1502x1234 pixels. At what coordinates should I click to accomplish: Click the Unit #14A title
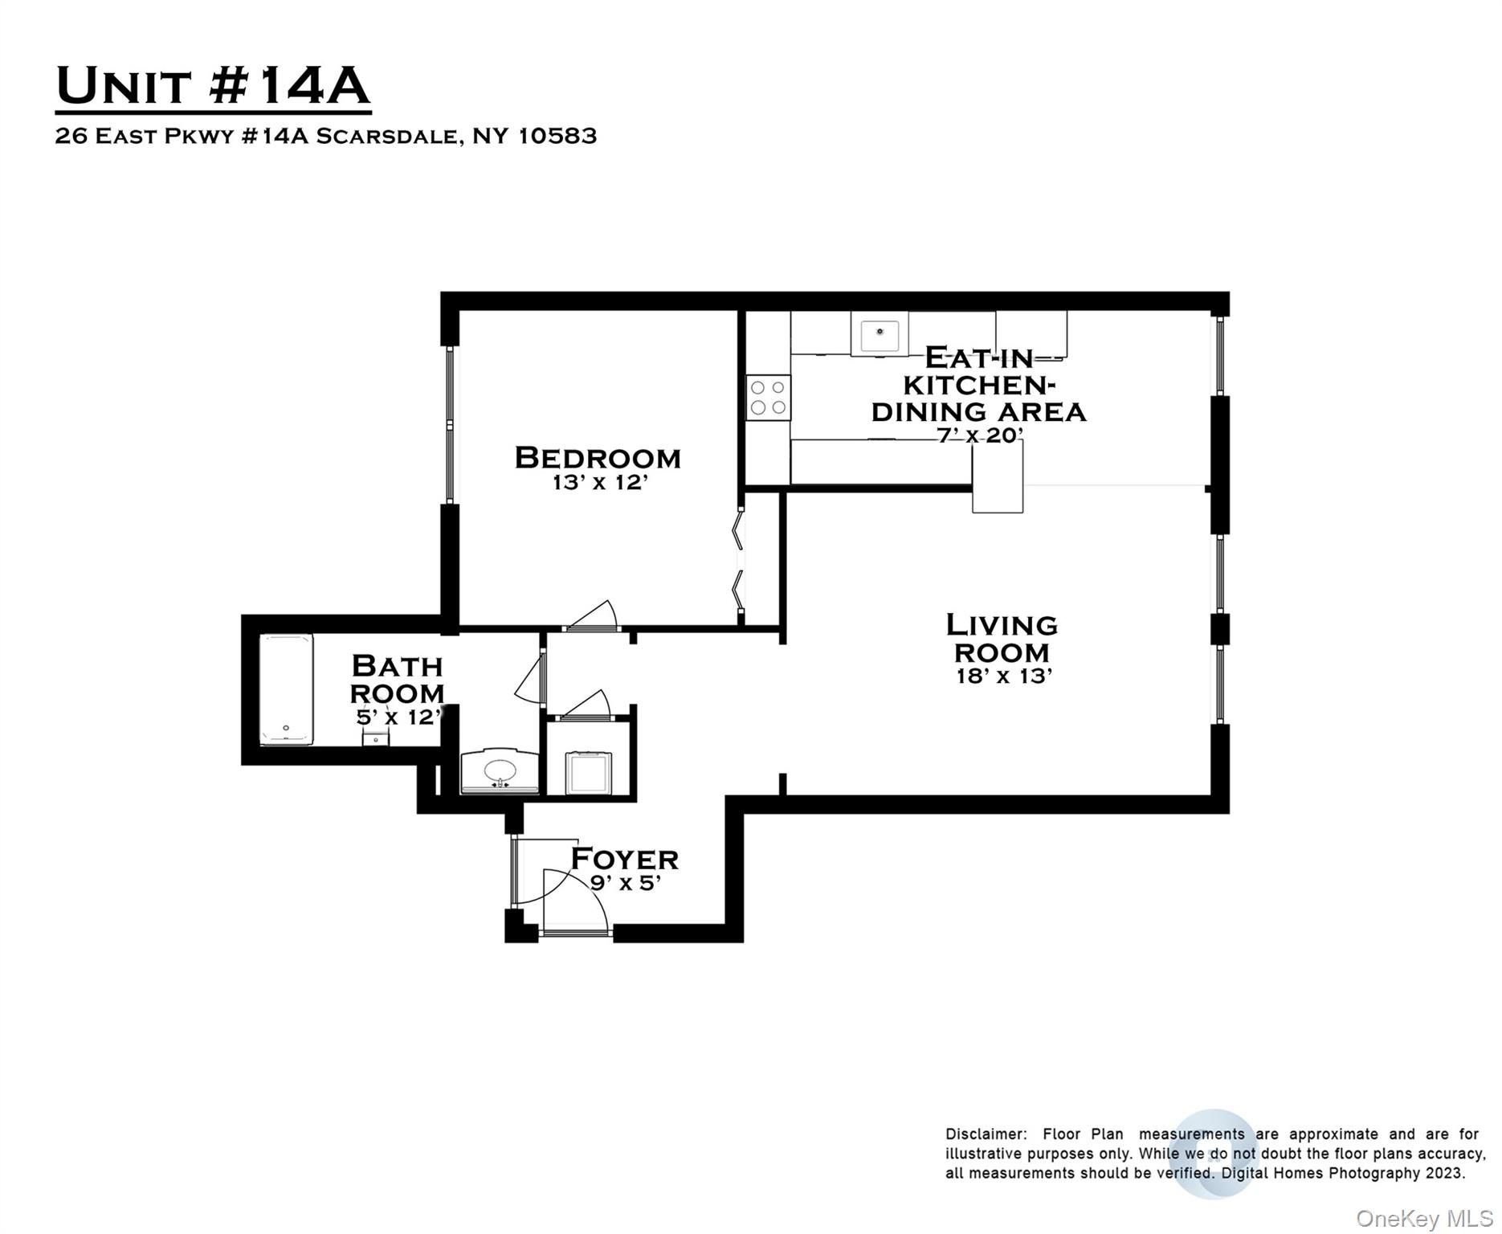click(213, 86)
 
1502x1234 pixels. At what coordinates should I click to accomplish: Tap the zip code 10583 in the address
click(557, 136)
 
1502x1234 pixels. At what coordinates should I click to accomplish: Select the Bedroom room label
click(598, 458)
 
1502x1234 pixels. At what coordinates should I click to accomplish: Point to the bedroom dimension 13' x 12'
click(599, 483)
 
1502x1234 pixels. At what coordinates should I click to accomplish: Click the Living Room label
click(1002, 638)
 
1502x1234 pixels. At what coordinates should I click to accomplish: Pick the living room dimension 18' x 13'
click(1003, 676)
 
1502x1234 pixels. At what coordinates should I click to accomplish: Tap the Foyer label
click(624, 859)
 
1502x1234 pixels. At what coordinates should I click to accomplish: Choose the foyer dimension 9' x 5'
click(625, 883)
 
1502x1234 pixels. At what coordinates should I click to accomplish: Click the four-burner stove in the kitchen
click(768, 398)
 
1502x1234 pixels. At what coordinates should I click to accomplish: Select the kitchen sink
click(880, 334)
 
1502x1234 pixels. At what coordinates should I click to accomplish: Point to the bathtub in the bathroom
click(286, 689)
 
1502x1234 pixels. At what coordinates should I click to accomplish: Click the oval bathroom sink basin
click(500, 770)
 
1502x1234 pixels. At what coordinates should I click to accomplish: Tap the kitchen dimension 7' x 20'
click(980, 435)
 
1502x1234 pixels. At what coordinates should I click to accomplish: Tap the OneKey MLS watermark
click(1424, 1219)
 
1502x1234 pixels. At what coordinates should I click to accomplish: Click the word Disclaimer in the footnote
click(986, 1134)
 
